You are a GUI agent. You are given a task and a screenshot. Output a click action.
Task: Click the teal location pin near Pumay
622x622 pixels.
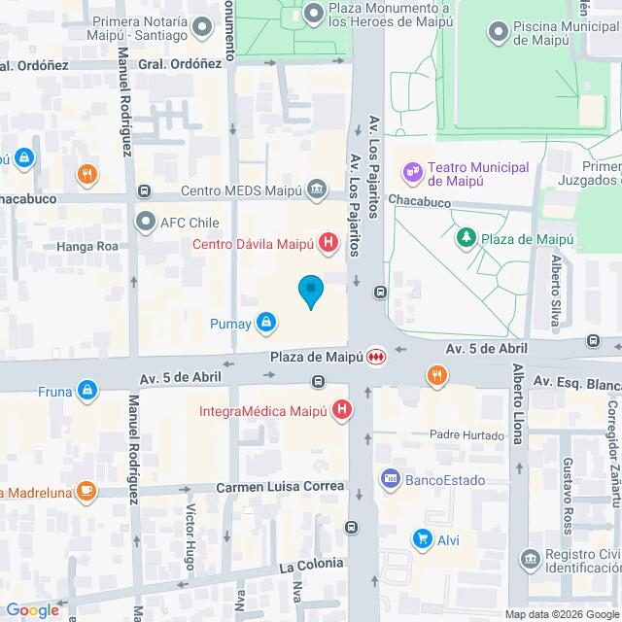pos(310,292)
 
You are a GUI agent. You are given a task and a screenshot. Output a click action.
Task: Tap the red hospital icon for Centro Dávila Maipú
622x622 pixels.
pos(329,243)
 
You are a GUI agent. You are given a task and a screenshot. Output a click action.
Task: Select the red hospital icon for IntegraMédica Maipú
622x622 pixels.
pos(341,411)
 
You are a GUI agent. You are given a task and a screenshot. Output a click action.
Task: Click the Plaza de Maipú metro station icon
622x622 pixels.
pos(375,357)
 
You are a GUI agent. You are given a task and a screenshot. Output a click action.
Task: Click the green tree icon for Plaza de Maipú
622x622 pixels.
pos(466,236)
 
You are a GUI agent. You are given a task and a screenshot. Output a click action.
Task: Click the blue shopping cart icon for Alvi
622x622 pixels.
pos(422,538)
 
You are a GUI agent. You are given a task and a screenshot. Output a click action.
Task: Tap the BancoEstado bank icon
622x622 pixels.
pos(391,478)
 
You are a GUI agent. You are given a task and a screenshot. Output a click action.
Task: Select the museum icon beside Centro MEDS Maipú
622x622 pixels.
pos(317,189)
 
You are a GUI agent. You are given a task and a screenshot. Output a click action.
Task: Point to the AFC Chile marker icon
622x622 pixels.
pos(146,222)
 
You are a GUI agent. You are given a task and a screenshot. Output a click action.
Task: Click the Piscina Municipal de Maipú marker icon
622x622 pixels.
pos(498,32)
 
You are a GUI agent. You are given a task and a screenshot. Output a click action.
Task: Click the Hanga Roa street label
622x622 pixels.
pos(93,246)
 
